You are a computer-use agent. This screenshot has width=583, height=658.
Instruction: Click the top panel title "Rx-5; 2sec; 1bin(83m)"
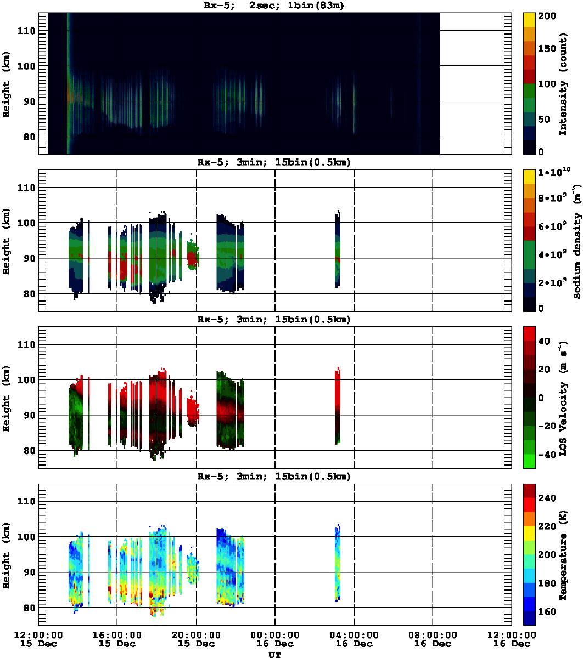(x=274, y=6)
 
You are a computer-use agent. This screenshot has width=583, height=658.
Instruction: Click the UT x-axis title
(x=274, y=654)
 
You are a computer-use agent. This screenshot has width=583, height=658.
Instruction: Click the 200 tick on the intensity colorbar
(x=550, y=16)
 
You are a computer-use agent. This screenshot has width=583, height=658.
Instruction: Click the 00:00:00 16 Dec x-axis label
(x=274, y=639)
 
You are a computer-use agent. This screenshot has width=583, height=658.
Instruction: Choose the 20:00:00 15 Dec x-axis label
(x=196, y=639)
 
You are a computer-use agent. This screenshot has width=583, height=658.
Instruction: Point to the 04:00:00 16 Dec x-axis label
(x=354, y=639)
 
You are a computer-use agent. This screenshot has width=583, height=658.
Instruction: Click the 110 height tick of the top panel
(x=27, y=31)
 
